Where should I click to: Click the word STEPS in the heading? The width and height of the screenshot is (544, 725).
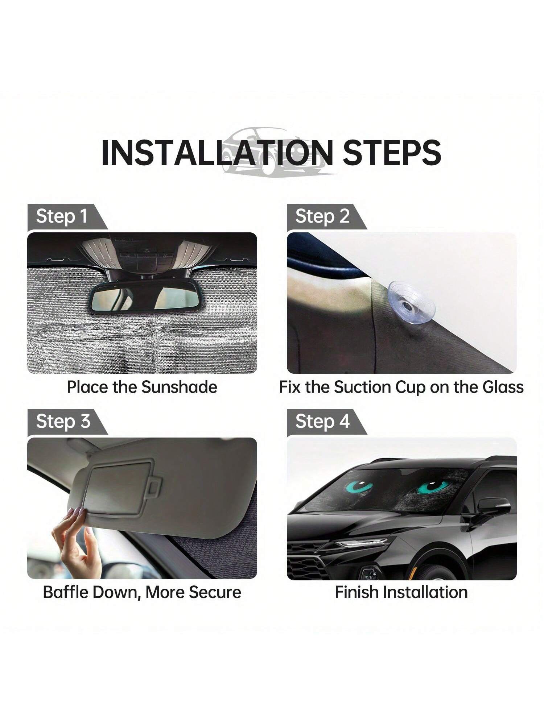click(x=392, y=152)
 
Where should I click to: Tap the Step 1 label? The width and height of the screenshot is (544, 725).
click(x=62, y=216)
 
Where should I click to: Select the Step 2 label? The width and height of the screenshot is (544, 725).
click(x=322, y=216)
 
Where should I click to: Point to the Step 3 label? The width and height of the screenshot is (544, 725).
click(x=63, y=421)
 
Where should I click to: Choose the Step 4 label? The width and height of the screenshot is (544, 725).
click(x=322, y=421)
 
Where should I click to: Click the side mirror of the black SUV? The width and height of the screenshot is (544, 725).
click(x=494, y=506)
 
